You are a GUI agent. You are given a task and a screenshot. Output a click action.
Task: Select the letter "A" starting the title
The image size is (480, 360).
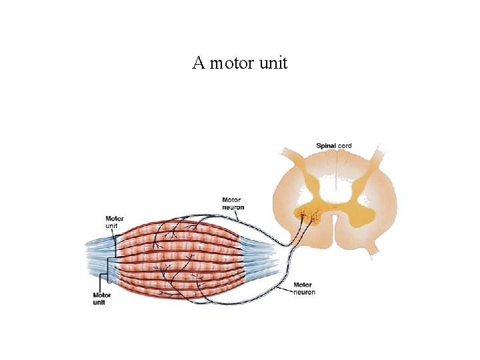click(x=198, y=63)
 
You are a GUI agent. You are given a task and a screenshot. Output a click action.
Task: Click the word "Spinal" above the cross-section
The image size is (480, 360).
click(x=326, y=146)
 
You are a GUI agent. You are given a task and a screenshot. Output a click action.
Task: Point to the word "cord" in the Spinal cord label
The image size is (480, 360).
click(x=345, y=146)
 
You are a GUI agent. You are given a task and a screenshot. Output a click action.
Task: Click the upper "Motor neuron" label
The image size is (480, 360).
click(x=232, y=203)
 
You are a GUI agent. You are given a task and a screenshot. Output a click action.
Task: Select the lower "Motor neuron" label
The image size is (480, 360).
click(x=303, y=289)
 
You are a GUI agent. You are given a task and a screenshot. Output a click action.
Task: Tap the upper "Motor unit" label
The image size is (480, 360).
click(x=114, y=222)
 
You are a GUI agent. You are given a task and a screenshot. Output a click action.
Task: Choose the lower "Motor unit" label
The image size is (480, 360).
click(x=102, y=299)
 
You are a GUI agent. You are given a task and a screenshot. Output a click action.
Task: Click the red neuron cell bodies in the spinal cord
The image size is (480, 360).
click(x=309, y=216)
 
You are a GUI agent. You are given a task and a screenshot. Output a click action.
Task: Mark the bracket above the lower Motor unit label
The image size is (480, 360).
click(x=103, y=281)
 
